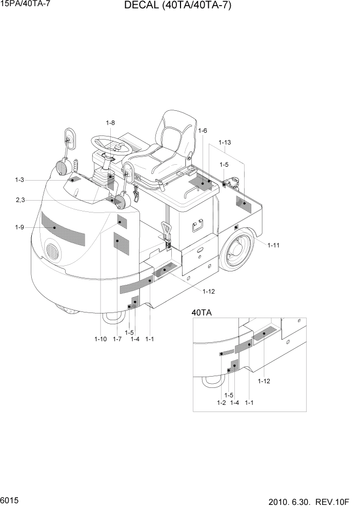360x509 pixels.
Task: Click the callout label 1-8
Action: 110,123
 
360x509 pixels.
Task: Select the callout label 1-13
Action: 225,142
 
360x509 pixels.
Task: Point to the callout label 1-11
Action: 273,245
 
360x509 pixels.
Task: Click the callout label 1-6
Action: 202,131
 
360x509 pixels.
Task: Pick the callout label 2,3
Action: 21,200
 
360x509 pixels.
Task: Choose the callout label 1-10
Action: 101,339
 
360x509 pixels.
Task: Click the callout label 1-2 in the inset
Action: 221,403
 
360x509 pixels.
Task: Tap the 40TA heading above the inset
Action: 202,312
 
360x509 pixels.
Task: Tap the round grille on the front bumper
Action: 52,251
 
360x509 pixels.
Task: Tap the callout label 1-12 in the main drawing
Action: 208,291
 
